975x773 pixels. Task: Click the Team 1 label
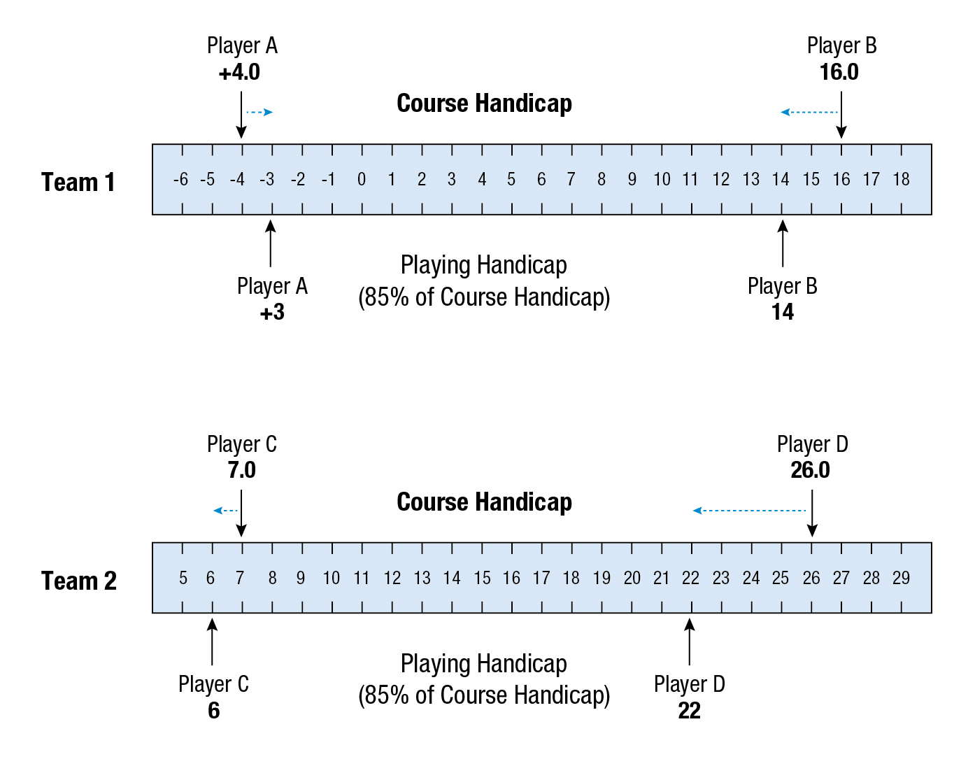click(78, 183)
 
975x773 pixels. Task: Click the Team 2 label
click(78, 581)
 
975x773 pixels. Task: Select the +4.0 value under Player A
click(239, 72)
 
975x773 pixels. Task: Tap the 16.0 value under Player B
click(839, 72)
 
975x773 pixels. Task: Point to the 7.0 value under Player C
click(241, 470)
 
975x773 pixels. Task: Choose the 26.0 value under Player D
click(810, 470)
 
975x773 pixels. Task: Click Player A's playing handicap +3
click(271, 312)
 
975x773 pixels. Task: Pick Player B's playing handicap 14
click(782, 312)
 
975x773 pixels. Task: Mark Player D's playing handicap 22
click(689, 711)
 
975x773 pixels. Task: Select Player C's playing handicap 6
click(213, 711)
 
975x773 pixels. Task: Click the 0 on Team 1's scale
click(361, 180)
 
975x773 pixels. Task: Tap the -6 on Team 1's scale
click(180, 180)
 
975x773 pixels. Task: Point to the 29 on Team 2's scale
click(901, 579)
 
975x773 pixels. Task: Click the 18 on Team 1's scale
click(901, 180)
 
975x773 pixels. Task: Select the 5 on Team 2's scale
click(183, 579)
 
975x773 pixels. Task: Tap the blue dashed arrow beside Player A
click(259, 112)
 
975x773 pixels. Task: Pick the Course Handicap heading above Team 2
click(484, 502)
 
